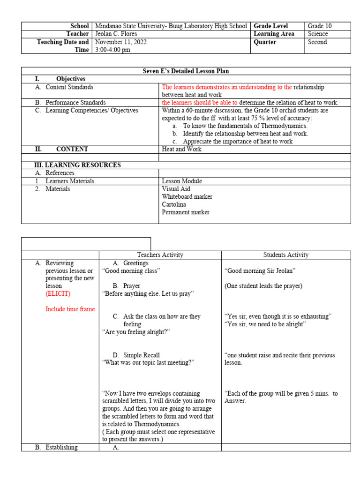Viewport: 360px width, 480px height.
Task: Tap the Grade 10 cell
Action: (x=319, y=26)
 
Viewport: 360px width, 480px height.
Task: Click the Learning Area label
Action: (x=274, y=34)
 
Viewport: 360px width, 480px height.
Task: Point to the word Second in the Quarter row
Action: (x=317, y=42)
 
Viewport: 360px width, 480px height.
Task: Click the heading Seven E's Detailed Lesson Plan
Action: (x=186, y=71)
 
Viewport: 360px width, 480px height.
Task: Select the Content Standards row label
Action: (x=69, y=87)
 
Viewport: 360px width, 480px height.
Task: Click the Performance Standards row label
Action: (x=75, y=103)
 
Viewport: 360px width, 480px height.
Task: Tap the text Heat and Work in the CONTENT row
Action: (x=182, y=149)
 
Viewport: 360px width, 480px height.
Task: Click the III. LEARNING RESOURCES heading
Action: (x=77, y=165)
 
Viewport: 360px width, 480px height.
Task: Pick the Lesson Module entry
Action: (x=182, y=181)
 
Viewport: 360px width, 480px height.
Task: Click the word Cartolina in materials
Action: (x=174, y=204)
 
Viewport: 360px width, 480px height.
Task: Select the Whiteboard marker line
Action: (x=187, y=197)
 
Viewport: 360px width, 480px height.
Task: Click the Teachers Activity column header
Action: (x=160, y=255)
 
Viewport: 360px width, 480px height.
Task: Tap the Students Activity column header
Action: (x=285, y=255)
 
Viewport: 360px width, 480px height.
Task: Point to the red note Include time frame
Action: (x=70, y=309)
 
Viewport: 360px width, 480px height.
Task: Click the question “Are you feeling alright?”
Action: (x=136, y=332)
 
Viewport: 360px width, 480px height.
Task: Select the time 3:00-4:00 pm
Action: (x=112, y=50)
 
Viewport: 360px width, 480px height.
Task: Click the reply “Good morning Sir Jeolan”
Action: (x=260, y=271)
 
